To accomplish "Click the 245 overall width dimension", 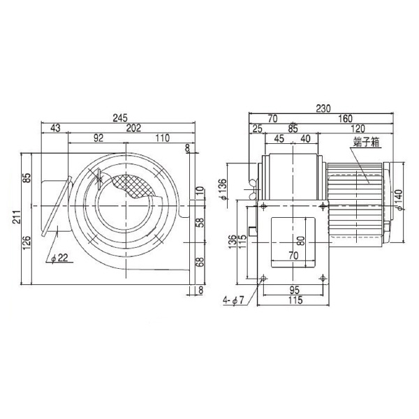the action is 120,118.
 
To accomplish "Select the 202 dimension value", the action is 133,128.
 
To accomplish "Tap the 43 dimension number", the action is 55,128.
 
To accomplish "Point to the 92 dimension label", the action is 98,138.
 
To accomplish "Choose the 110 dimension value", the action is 163,138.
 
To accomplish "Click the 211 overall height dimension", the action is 17,216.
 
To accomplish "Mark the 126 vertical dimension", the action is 27,242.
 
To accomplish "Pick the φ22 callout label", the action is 59,258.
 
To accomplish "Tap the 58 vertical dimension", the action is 200,222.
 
